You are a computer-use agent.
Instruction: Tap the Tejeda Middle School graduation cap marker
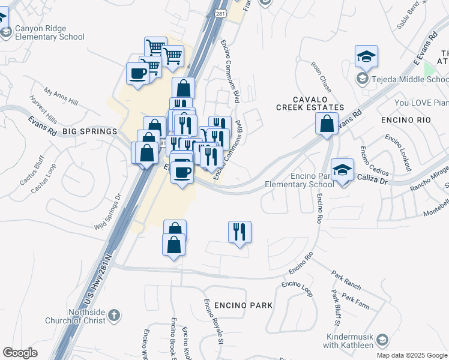tap(366, 57)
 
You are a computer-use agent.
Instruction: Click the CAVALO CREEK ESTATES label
tap(310, 103)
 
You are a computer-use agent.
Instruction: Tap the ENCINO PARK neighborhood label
tap(238, 305)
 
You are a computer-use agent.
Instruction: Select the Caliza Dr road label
tap(375, 179)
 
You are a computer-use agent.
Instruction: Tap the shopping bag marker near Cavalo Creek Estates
tap(327, 124)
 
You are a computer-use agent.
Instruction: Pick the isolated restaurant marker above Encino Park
tap(240, 231)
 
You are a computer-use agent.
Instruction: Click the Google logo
tap(20, 353)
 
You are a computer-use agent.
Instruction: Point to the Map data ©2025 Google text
tap(412, 355)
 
